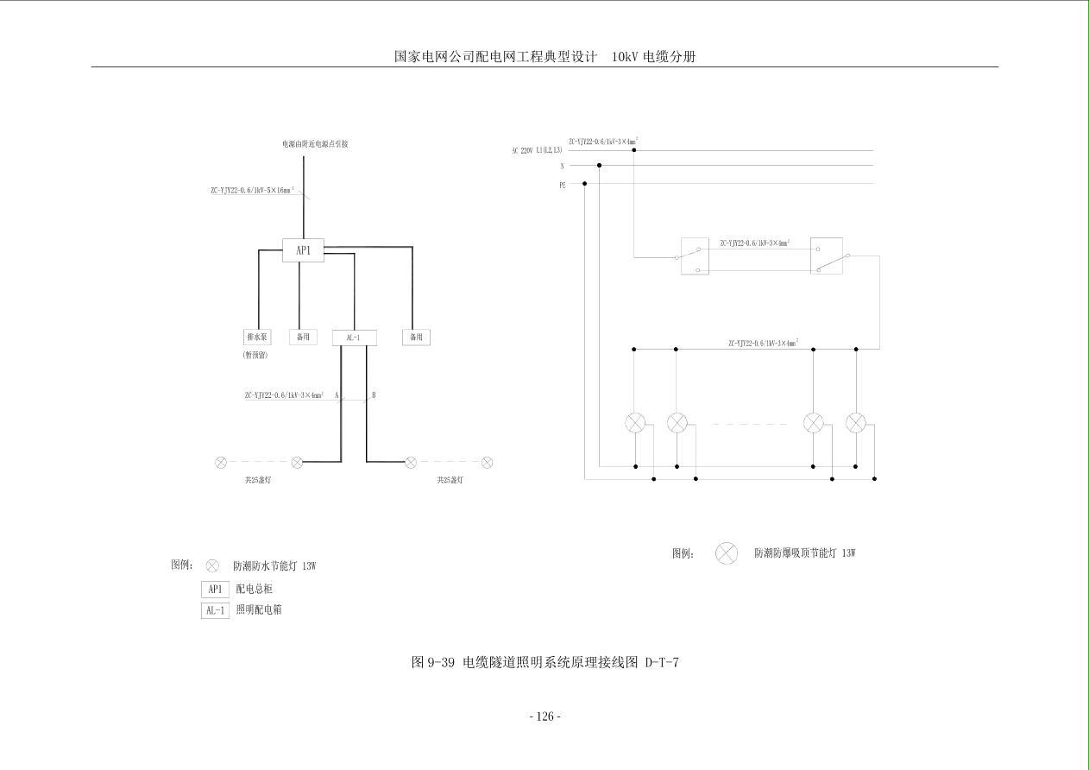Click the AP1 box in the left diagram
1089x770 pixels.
(x=304, y=250)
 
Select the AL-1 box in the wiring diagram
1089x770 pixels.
(x=355, y=338)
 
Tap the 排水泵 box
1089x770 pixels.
(x=257, y=337)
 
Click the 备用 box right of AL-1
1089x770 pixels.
(x=416, y=337)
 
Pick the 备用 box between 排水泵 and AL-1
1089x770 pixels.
(x=303, y=337)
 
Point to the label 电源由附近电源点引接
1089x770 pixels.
(x=315, y=144)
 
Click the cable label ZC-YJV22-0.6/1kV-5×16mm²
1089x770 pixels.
(x=252, y=190)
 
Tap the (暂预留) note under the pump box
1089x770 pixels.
(x=255, y=356)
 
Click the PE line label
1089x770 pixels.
(x=563, y=185)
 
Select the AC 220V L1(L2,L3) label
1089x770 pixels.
(x=537, y=151)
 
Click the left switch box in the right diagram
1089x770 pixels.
(x=695, y=256)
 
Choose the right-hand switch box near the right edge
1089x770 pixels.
(x=826, y=256)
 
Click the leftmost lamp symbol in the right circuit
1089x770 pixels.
(x=635, y=423)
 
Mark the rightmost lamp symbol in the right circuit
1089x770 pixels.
(x=856, y=423)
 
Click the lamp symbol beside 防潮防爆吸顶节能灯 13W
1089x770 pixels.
(x=727, y=553)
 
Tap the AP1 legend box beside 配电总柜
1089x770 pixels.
(x=215, y=590)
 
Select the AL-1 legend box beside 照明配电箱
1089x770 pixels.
(x=215, y=610)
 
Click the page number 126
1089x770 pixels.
(x=544, y=716)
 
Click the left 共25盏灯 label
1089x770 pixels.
(x=257, y=480)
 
